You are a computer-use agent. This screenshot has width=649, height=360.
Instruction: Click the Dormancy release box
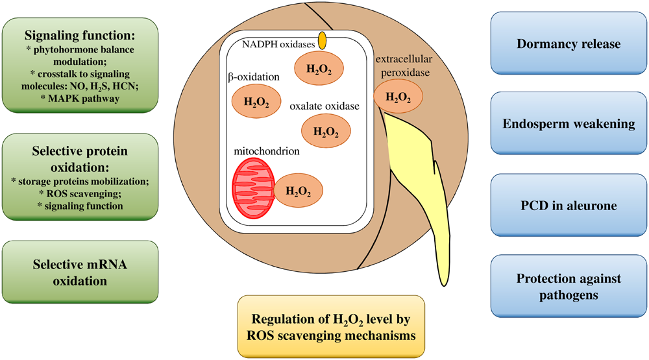pyautogui.click(x=569, y=44)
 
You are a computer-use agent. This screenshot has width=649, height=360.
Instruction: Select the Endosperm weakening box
pyautogui.click(x=569, y=123)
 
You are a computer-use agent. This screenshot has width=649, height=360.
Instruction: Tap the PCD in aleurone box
pyautogui.click(x=569, y=206)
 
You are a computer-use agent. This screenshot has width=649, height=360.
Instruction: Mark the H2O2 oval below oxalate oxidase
pyautogui.click(x=326, y=131)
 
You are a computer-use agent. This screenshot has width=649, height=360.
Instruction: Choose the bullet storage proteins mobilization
pyautogui.click(x=80, y=182)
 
